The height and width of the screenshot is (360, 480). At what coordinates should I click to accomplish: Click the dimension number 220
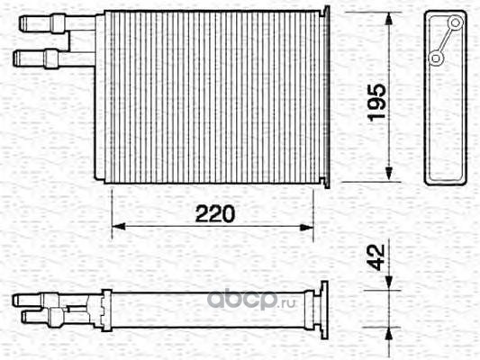[215, 214]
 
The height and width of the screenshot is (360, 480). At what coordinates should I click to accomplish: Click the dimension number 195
[376, 103]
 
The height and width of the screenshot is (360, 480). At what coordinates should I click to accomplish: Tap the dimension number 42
[376, 257]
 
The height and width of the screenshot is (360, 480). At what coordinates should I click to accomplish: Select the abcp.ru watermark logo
[251, 301]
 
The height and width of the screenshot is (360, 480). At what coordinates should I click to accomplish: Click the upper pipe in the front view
[58, 22]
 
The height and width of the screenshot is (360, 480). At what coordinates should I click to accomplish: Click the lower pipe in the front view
[54, 58]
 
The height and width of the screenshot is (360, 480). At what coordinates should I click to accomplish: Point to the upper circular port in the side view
[455, 22]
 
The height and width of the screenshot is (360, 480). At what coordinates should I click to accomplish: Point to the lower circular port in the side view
[436, 58]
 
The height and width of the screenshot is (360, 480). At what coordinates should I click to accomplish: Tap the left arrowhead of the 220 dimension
[119, 227]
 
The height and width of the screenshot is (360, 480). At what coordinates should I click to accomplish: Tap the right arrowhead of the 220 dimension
[306, 228]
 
